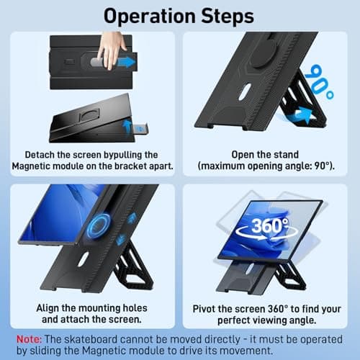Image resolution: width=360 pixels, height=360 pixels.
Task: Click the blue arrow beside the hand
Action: pos(127,62)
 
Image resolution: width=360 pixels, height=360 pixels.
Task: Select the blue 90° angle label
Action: pos(317,78)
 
